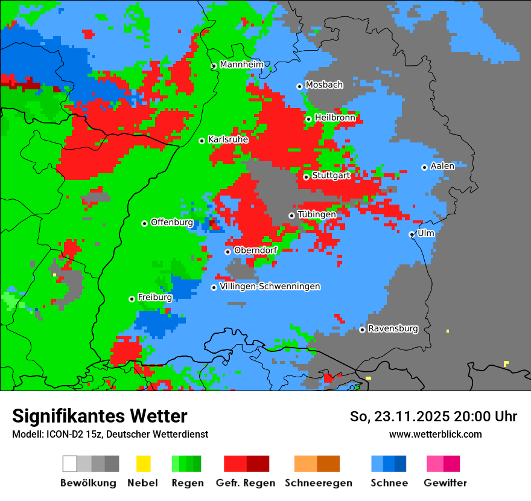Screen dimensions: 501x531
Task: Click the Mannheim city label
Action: pyautogui.click(x=242, y=65)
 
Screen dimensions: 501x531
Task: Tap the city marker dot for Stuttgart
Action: pyautogui.click(x=307, y=177)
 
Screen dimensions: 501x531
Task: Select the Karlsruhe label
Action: pyautogui.click(x=229, y=139)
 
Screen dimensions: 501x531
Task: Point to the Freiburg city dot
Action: pyautogui.click(x=132, y=299)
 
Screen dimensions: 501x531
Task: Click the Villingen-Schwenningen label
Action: pyautogui.click(x=270, y=286)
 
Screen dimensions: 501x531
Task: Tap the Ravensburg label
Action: pyautogui.click(x=393, y=328)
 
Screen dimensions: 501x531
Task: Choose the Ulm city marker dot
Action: pyautogui.click(x=412, y=234)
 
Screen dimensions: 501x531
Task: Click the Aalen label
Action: pyautogui.click(x=442, y=166)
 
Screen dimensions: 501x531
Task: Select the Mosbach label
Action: pyautogui.click(x=324, y=85)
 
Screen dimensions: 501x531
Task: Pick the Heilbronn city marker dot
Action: pyautogui.click(x=308, y=119)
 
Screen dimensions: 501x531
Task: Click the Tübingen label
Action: pyautogui.click(x=317, y=214)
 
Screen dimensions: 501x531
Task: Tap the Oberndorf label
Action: pyautogui.click(x=256, y=250)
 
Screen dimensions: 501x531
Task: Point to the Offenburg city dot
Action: pyautogui.click(x=144, y=223)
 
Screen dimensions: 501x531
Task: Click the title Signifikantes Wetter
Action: pyautogui.click(x=100, y=416)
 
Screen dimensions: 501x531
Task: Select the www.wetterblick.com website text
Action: pyautogui.click(x=435, y=434)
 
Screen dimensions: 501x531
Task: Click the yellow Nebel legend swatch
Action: pyautogui.click(x=143, y=464)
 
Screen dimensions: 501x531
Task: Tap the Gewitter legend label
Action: pyautogui.click(x=445, y=483)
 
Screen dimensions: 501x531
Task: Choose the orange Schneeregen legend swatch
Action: pyautogui.click(x=305, y=464)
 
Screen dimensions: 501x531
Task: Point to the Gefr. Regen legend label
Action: pyautogui.click(x=246, y=483)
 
